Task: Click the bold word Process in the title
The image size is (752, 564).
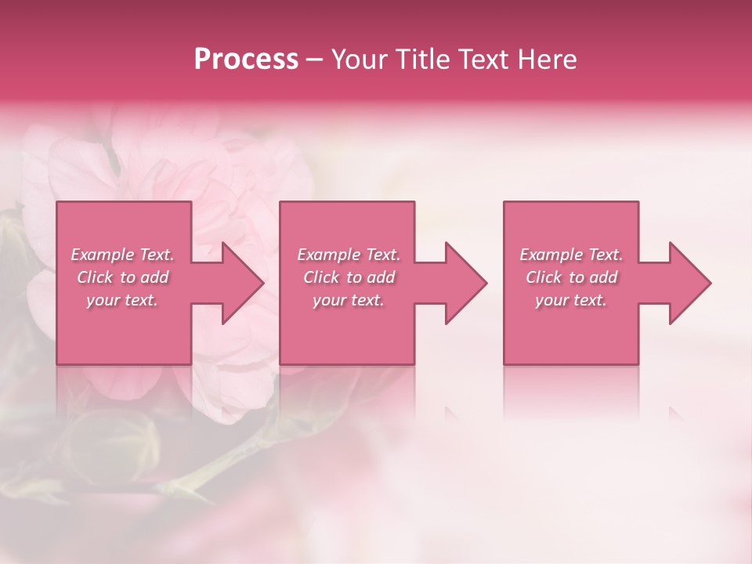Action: pyautogui.click(x=246, y=60)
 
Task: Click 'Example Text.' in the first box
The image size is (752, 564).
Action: pyautogui.click(x=123, y=255)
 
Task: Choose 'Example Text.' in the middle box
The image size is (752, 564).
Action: pyautogui.click(x=349, y=255)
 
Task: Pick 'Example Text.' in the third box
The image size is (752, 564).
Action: pyautogui.click(x=571, y=255)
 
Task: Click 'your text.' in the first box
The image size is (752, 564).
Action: pyautogui.click(x=122, y=300)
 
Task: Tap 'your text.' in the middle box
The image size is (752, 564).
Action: pyautogui.click(x=349, y=300)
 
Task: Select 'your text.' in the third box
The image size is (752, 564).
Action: pyautogui.click(x=571, y=300)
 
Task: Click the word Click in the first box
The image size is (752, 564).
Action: pyautogui.click(x=95, y=277)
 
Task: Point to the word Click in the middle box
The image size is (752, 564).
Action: pyautogui.click(x=321, y=277)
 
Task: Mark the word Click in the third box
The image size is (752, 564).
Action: pyautogui.click(x=544, y=277)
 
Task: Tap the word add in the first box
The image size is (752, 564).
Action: pyautogui.click(x=154, y=277)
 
